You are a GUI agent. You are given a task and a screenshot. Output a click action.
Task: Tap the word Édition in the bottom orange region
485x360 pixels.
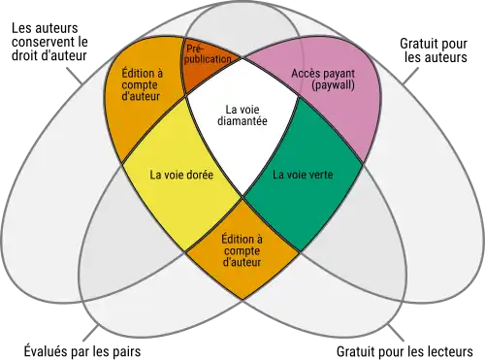tap(242, 238)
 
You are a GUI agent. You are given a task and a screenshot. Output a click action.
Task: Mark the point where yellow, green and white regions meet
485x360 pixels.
tap(242, 198)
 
